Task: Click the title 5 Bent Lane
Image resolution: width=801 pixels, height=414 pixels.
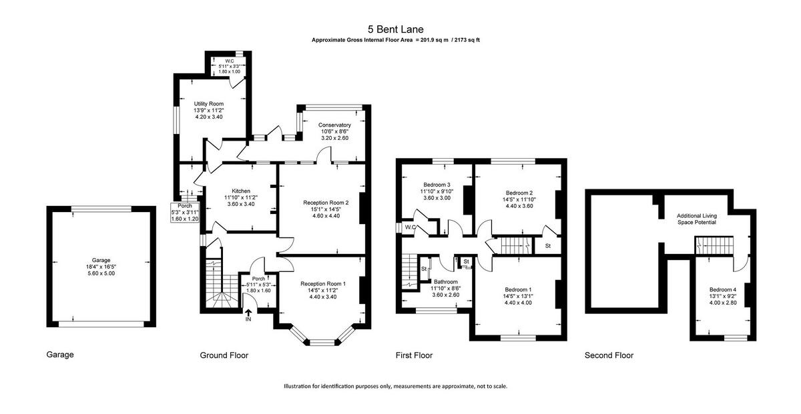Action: tap(395, 29)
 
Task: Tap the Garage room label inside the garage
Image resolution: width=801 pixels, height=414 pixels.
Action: tap(101, 260)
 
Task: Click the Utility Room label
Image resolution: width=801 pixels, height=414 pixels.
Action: tap(208, 104)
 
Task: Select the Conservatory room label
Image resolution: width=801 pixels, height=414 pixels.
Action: tap(334, 125)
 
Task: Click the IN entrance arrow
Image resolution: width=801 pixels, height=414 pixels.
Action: tap(248, 315)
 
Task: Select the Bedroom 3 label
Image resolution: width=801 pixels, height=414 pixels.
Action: tap(437, 185)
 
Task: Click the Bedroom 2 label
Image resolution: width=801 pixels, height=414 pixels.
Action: tap(518, 192)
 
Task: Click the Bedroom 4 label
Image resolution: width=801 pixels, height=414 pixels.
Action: tap(723, 289)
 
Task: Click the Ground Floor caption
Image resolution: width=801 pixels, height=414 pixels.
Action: tap(224, 355)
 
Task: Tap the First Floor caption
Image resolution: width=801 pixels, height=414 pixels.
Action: tap(414, 355)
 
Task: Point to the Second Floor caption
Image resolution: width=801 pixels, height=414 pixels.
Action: tap(609, 355)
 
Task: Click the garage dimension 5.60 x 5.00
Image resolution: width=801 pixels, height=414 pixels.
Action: tap(101, 274)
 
